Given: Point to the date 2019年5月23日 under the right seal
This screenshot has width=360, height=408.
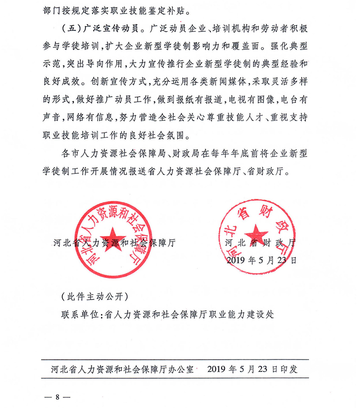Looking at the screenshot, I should pos(261,260).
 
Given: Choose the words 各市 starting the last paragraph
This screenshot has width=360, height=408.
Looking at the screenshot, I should pos(69,154).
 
